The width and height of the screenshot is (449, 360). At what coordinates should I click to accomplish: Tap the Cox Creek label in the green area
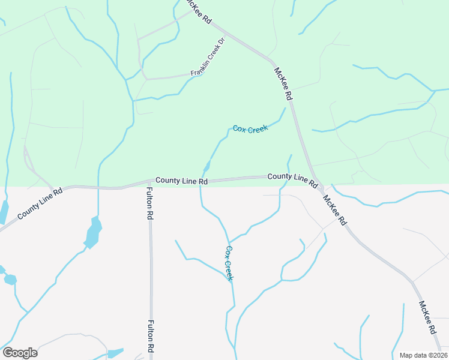click(250, 128)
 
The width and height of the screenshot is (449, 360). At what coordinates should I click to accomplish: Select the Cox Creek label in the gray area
click(229, 263)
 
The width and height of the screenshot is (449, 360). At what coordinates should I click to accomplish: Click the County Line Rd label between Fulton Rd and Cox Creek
click(181, 180)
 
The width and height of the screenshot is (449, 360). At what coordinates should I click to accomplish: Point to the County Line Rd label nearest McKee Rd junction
click(292, 178)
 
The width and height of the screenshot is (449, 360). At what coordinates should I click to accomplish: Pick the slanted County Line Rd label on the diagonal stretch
click(40, 205)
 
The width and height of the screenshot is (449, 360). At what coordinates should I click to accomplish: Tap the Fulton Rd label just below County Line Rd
click(149, 203)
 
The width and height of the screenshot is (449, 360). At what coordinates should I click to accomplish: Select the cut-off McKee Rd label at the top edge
click(200, 11)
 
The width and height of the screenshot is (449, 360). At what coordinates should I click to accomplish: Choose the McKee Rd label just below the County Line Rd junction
click(334, 210)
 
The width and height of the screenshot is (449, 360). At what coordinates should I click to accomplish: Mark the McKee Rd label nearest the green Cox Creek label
click(283, 84)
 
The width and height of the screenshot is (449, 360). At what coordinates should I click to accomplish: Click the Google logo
click(20, 352)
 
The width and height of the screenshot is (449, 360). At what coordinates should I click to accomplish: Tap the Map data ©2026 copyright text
click(423, 355)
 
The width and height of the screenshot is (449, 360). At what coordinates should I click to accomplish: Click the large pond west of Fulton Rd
click(93, 232)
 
